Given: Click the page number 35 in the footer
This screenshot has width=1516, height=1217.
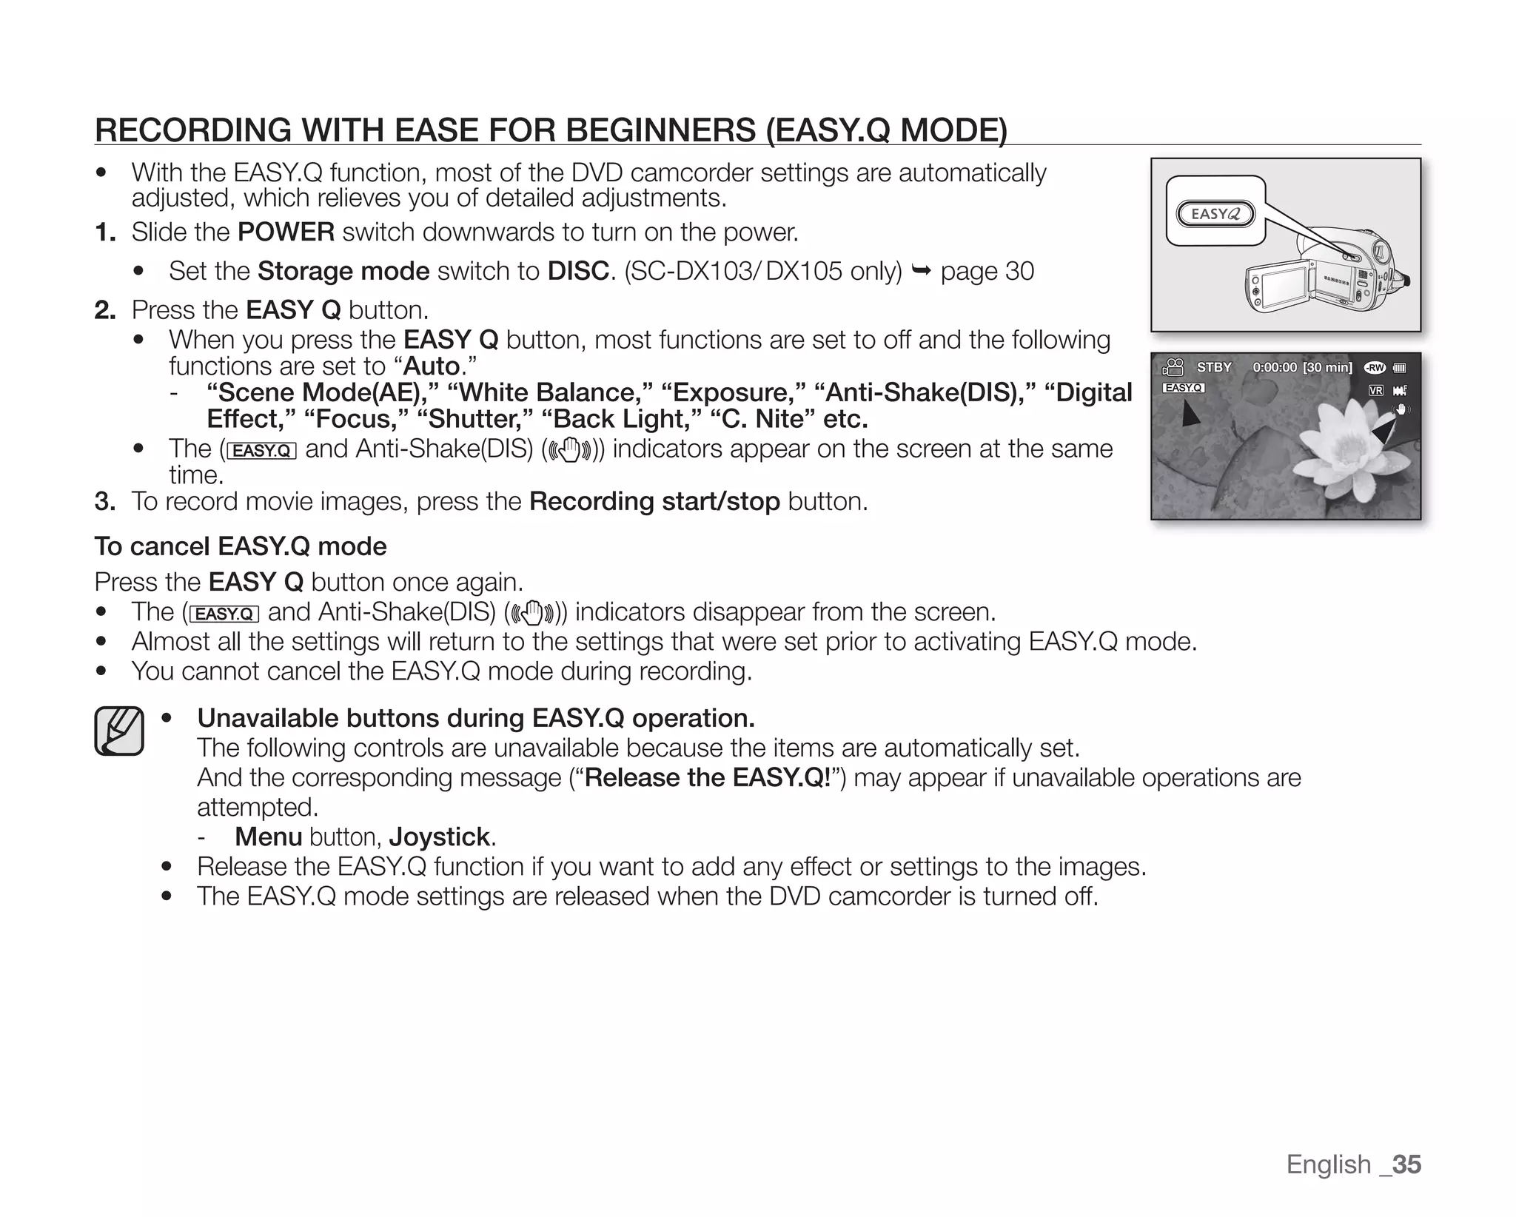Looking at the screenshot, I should pos(1406,1164).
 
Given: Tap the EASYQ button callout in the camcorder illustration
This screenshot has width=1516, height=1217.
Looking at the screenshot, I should pos(1215,215).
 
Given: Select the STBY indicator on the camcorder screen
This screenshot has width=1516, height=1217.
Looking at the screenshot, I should pos(1214,367).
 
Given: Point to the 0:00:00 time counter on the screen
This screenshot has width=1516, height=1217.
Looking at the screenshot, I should pos(1274,367).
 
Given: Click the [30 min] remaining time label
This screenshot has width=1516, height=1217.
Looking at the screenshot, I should pos(1327,367).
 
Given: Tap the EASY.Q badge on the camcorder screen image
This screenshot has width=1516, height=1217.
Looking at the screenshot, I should pos(1183,387).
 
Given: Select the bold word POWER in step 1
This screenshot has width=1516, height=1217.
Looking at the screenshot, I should pos(286,232).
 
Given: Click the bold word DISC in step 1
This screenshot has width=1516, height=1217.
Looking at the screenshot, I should pos(578,271).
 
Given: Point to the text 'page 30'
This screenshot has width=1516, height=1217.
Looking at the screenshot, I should pos(987,271).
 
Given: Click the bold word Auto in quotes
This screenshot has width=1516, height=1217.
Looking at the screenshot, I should pos(432,366).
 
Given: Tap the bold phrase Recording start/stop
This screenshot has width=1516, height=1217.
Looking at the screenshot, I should pos(654,501).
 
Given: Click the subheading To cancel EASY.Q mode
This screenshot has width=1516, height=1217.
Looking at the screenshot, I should pos(241,546).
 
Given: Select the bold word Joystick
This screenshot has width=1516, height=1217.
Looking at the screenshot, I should pos(439,837).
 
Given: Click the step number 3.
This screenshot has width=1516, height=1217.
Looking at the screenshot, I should pos(104,501).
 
